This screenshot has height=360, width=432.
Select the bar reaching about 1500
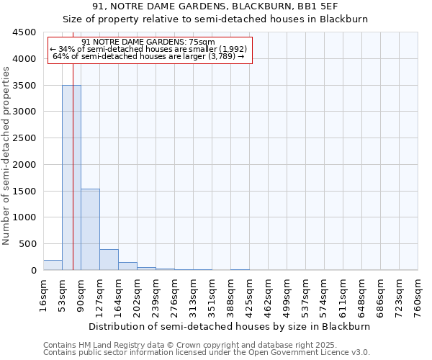90,229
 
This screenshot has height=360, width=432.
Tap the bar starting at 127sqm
109,260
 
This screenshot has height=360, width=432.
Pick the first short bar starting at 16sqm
53,265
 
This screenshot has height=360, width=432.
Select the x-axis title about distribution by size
230,326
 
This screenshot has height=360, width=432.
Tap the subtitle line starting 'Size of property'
215,19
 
